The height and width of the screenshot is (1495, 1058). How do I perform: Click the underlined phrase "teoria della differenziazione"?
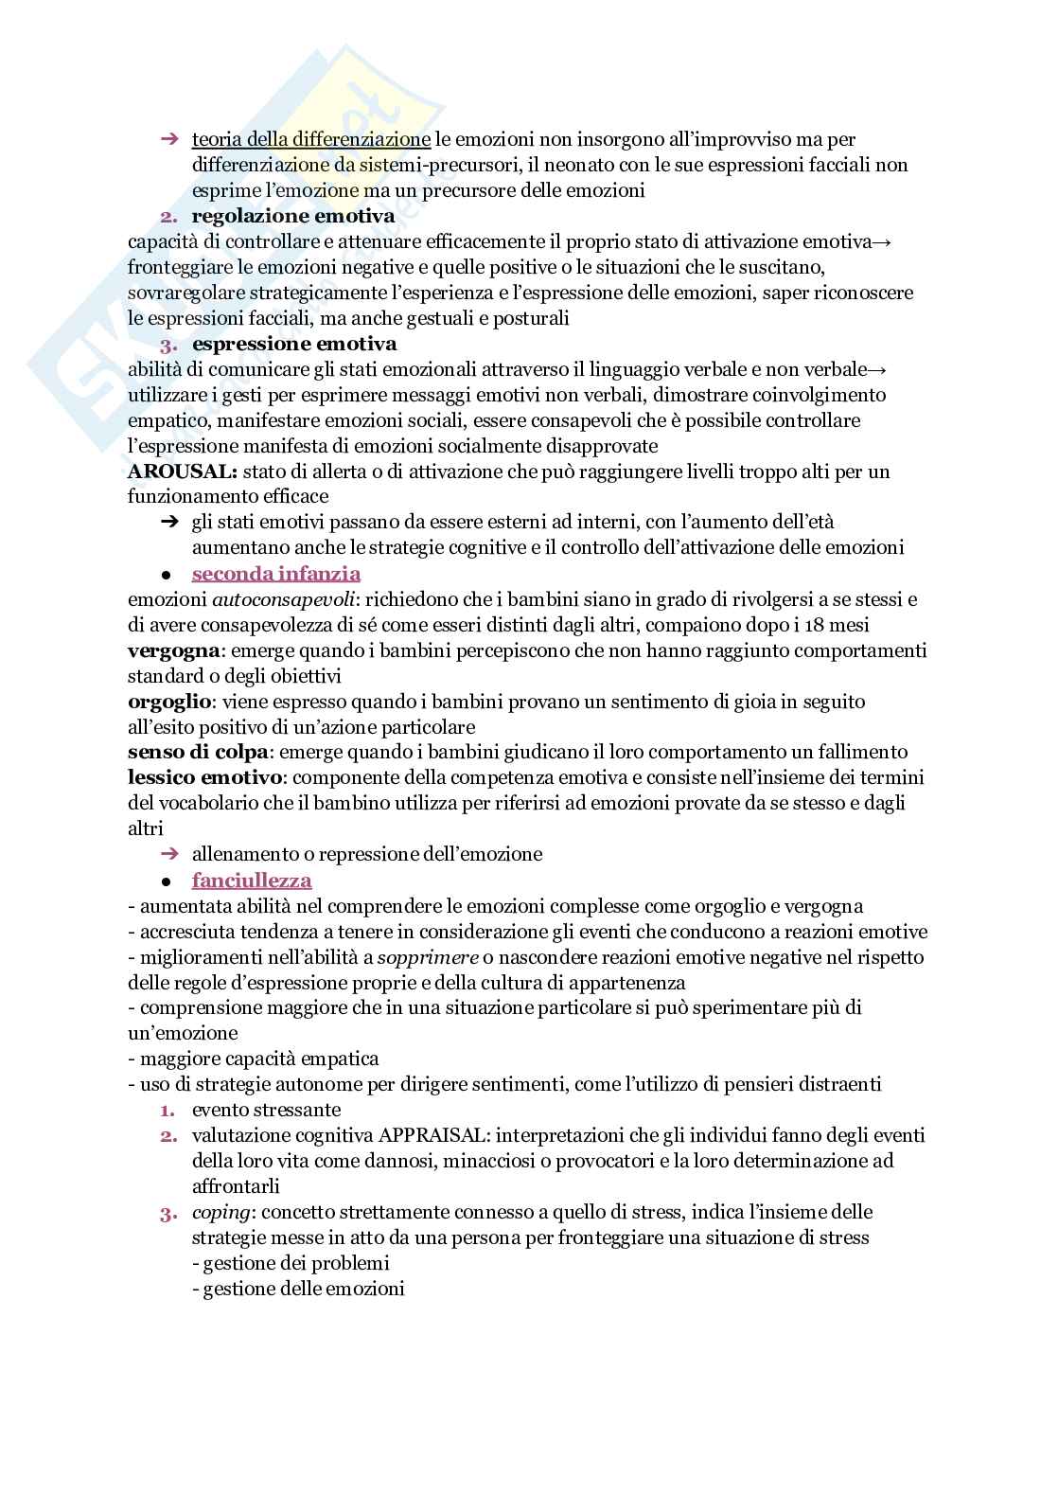[x=311, y=140]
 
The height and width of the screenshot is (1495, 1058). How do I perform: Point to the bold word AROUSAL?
[x=181, y=472]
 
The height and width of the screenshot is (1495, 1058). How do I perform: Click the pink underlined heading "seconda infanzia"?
[x=275, y=574]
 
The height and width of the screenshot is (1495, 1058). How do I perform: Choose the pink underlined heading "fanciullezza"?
[x=252, y=881]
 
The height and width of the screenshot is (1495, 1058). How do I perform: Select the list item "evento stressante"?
[x=266, y=1110]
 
